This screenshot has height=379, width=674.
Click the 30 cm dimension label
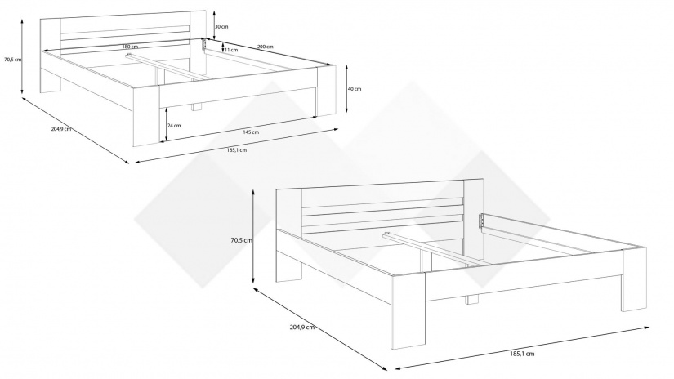click(x=221, y=27)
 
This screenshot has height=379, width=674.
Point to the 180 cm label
click(x=130, y=47)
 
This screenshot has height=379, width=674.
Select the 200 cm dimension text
click(x=266, y=47)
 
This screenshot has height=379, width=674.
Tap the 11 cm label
click(x=231, y=51)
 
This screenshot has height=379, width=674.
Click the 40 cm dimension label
click(x=355, y=89)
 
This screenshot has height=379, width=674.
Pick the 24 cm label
click(x=174, y=126)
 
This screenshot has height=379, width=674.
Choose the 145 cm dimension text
click(x=251, y=132)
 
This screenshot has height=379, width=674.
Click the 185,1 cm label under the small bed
click(x=237, y=150)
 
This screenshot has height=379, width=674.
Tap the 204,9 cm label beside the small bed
click(x=61, y=129)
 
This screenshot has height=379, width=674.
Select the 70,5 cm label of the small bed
click(x=12, y=60)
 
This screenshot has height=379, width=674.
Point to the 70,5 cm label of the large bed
click(x=241, y=241)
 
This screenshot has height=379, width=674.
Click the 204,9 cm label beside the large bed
click(x=302, y=327)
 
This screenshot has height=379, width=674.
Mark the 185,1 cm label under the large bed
click(x=522, y=354)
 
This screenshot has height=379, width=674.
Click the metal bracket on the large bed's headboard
click(x=481, y=221)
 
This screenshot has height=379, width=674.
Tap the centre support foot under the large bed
click(x=471, y=299)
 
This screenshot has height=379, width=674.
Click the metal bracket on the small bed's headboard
click(x=204, y=44)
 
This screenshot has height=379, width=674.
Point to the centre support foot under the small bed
click(x=197, y=108)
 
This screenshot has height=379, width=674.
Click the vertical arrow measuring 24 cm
click(x=165, y=125)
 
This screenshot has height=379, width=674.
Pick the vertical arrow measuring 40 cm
click(x=346, y=89)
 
